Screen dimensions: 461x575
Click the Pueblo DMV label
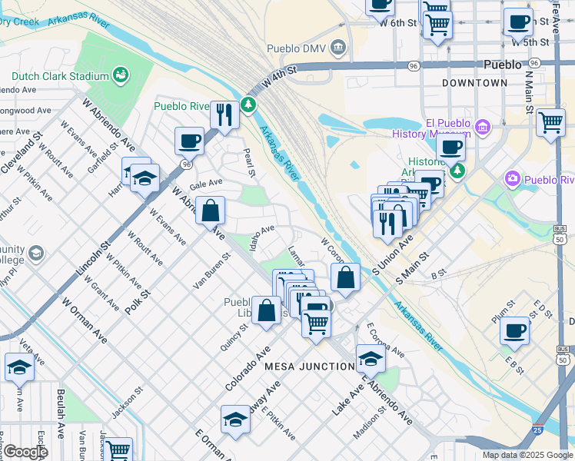[x=297, y=49]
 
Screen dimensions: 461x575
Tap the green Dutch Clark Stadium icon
[x=120, y=75]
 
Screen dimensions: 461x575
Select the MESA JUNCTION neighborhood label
[x=310, y=366]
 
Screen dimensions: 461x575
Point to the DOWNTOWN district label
[x=474, y=82]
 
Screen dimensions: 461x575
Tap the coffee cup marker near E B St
[x=514, y=330]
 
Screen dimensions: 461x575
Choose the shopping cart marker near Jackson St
[x=118, y=449]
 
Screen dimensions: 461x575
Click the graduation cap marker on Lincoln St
[x=144, y=178]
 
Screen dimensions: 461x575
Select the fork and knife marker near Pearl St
[x=224, y=115]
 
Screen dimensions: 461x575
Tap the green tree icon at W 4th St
[x=248, y=104]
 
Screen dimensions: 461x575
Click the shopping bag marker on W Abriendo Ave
[x=210, y=209]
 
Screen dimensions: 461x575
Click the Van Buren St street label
[x=211, y=271]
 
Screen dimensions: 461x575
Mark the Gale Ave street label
[x=205, y=184]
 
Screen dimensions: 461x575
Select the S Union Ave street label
[x=392, y=255]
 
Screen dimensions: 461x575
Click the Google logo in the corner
[x=25, y=452]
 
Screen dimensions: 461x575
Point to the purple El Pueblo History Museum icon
[x=483, y=126]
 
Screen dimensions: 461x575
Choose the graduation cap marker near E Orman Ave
[x=235, y=419]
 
